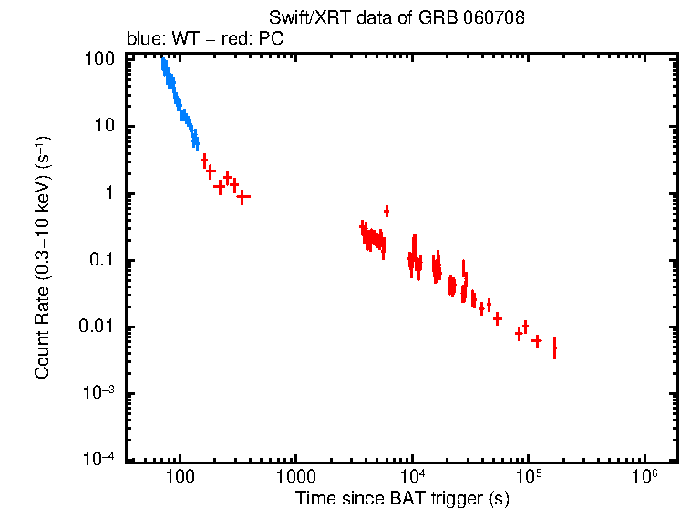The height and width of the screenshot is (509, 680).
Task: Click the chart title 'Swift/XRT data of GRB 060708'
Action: tap(397, 18)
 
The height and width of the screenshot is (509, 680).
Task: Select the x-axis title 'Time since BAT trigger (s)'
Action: tap(402, 498)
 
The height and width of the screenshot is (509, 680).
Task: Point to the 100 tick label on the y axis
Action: tap(98, 60)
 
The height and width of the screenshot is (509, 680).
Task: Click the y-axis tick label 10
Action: tap(104, 127)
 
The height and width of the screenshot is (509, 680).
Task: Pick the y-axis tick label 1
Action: tap(108, 193)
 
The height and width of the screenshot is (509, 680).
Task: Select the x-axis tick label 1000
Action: tap(295, 477)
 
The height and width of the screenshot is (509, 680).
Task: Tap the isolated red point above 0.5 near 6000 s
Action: tap(386, 211)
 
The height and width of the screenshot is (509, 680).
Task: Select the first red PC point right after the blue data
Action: tap(204, 160)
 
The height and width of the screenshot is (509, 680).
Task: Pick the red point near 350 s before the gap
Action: tap(243, 196)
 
